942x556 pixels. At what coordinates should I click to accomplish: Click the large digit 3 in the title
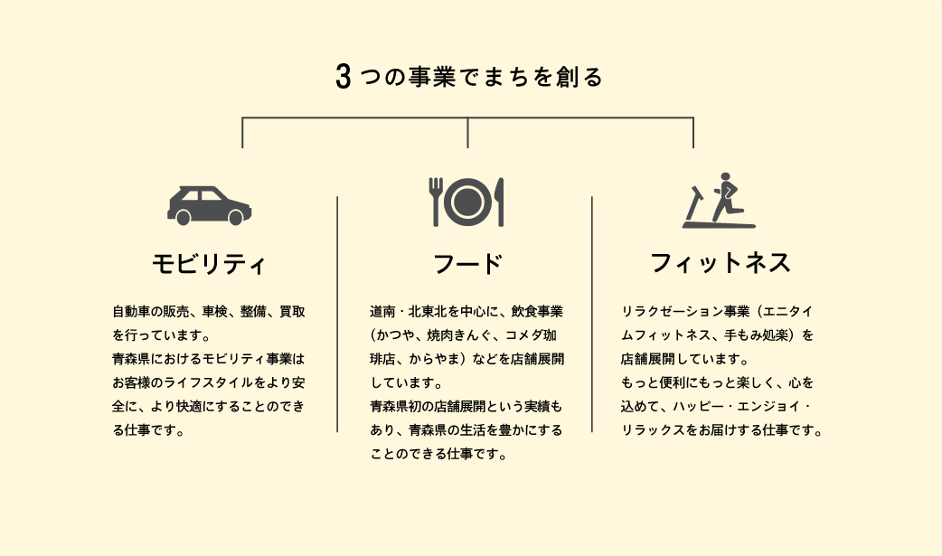[x=343, y=78]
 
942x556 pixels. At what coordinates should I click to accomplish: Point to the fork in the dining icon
[x=436, y=201]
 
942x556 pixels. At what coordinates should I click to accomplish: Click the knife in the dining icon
[x=500, y=201]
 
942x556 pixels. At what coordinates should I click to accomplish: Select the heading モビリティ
[x=209, y=265]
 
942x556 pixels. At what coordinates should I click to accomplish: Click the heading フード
[x=466, y=265]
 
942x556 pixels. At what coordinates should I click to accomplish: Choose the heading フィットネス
[x=721, y=264]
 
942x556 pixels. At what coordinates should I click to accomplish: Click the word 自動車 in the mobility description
[x=130, y=312]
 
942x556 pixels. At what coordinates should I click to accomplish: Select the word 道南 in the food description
[x=382, y=312]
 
